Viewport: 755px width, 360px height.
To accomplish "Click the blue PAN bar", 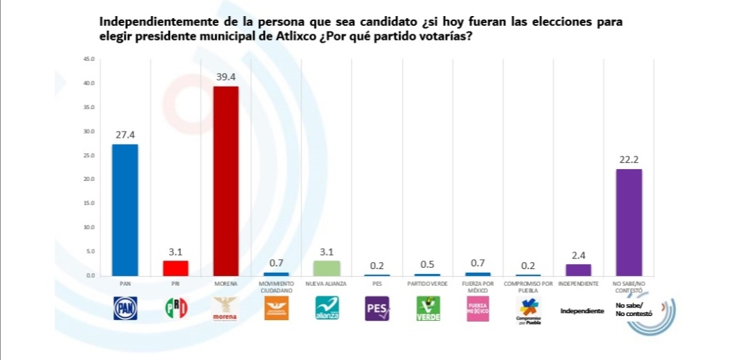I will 125,210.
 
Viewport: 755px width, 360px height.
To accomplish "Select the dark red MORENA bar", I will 226,180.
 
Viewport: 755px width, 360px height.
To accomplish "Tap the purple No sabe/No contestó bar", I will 628,222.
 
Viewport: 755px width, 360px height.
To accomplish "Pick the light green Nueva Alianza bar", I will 326,268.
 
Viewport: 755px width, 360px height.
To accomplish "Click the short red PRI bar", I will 175,268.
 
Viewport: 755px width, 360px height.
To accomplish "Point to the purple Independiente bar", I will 578,269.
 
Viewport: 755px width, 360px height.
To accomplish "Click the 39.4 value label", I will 226,77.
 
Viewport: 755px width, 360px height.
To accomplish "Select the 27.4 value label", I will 125,135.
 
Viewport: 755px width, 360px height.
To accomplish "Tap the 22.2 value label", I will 629,159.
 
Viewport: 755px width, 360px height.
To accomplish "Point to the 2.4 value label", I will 578,254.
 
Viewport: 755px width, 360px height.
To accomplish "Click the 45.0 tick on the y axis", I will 87,59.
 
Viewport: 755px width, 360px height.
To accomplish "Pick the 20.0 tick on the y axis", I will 87,179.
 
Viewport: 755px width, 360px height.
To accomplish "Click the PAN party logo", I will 126,308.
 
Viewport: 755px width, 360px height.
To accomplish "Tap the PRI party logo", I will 176,308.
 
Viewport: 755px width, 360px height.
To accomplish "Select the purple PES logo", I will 377,308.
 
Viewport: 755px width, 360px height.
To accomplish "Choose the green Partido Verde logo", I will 428,308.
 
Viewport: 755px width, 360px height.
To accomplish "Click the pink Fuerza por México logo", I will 478,308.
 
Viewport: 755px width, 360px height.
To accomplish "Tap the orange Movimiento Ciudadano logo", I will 276,308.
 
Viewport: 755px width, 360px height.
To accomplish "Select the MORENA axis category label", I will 226,285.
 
